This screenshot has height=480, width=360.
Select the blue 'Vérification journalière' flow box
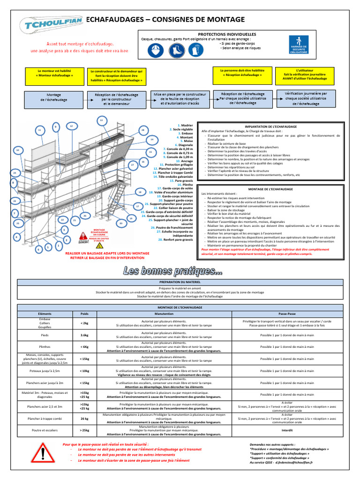pyautogui.click(x=305, y=98)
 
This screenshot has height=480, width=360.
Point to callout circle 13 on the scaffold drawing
pyautogui.click(x=101, y=121)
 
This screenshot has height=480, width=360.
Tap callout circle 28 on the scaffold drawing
pyautogui.click(x=142, y=130)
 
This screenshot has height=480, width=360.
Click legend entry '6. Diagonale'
pyautogui.click(x=176, y=145)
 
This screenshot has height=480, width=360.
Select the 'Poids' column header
pyautogui.click(x=84, y=313)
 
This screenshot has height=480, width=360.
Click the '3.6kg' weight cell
pyautogui.click(x=84, y=335)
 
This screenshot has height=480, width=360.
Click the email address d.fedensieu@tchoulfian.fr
pyautogui.click(x=294, y=462)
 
